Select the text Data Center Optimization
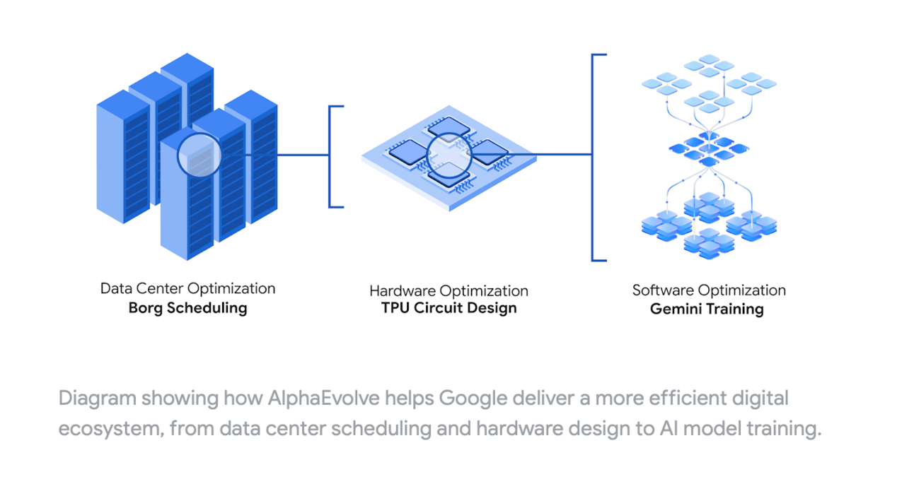click(187, 289)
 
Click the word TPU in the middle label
click(395, 308)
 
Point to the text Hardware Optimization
click(449, 291)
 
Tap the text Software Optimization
click(709, 290)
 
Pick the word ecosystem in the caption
click(111, 430)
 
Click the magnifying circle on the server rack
click(199, 155)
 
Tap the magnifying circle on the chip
click(449, 155)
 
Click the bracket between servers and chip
click(330, 157)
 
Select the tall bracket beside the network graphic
click(592, 158)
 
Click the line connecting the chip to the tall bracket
click(532, 155)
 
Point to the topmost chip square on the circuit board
click(449, 126)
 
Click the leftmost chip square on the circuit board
click(408, 152)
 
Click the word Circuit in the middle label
click(438, 308)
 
